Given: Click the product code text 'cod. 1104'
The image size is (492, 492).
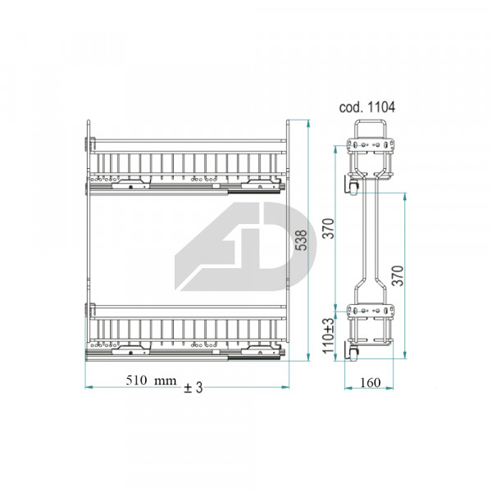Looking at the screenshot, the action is pos(367,107).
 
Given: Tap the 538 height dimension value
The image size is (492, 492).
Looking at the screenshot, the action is pos(302,240).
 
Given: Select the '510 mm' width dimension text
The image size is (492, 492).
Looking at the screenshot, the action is pos(151,380).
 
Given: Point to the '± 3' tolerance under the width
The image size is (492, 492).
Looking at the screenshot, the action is pos(194,388).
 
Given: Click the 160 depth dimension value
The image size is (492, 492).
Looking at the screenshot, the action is pos(371,382).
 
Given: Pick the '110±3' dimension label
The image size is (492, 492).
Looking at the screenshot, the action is pos(329,335).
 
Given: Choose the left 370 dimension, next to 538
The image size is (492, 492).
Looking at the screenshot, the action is pos(329,229).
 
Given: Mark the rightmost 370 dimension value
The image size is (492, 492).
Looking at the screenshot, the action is pos(398,276).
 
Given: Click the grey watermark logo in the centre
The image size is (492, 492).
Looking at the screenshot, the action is pos(245,246).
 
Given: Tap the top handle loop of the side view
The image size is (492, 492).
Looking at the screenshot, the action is pos(370,121).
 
